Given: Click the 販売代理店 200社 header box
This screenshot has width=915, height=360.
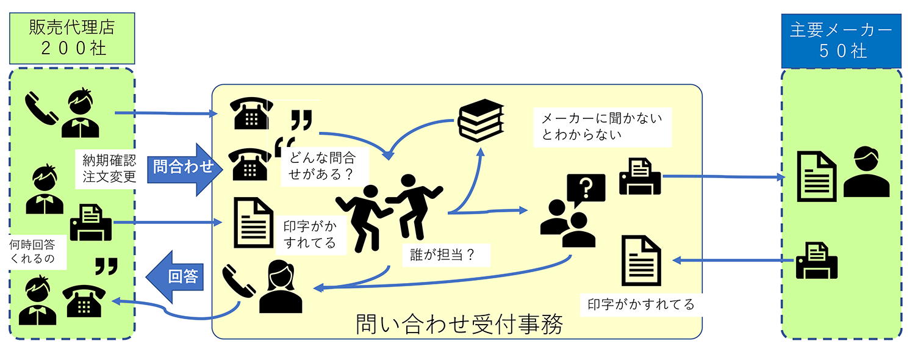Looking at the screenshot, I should point(72,38).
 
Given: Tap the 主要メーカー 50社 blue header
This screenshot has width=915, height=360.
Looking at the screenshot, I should point(841,40).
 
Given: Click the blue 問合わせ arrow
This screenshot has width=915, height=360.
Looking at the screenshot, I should point(182,169).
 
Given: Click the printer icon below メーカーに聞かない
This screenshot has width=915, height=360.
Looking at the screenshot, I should point(639,175).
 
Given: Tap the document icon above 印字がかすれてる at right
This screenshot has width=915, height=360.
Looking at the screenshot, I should point(641,261).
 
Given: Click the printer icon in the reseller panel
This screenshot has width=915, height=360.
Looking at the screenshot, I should point(90,223).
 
